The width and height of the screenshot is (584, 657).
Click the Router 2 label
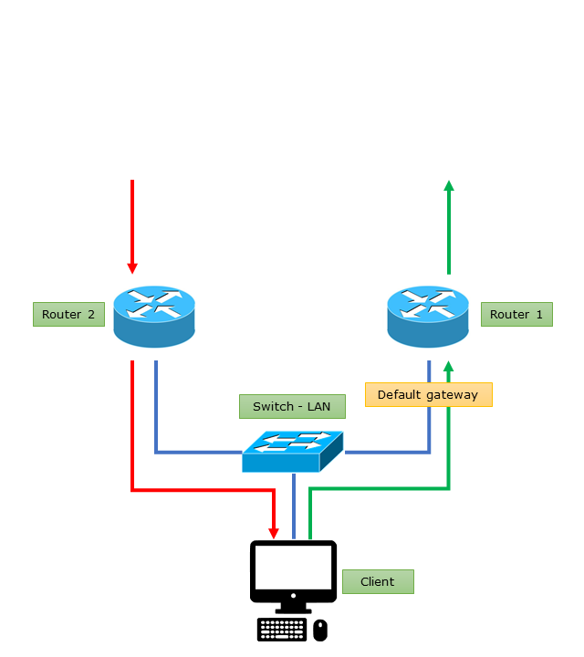(x=68, y=315)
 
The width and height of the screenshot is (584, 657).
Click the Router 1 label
(x=516, y=315)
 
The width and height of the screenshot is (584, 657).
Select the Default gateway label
(x=428, y=394)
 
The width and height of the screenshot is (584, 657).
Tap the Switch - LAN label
(x=292, y=406)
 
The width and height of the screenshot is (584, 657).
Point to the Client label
(x=378, y=581)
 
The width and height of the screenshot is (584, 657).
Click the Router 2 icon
(x=155, y=316)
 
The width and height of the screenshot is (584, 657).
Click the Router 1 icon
(x=428, y=316)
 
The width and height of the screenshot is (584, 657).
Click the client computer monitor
(x=293, y=568)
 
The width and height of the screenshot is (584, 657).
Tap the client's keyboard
(x=282, y=630)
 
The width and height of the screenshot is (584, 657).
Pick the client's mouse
(x=319, y=630)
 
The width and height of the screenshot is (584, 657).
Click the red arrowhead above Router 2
(x=132, y=267)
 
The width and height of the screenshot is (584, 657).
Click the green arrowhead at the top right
(x=448, y=186)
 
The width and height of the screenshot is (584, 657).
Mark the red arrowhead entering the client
(x=273, y=532)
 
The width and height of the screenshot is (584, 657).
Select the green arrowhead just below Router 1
(x=448, y=366)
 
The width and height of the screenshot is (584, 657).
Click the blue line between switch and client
(x=293, y=506)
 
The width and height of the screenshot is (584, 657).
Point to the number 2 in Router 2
(x=90, y=315)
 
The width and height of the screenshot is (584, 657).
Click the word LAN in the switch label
(x=318, y=406)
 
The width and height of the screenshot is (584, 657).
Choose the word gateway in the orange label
(x=453, y=394)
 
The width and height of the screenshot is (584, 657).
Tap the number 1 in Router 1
(x=539, y=315)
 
